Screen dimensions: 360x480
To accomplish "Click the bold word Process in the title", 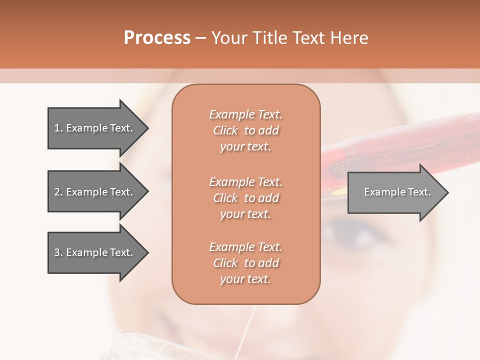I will [x=157, y=38].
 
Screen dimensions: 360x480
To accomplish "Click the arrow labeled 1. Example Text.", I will [x=95, y=128].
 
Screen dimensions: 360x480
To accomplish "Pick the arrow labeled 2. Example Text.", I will [x=95, y=192].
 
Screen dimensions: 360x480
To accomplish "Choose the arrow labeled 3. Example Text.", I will [x=95, y=252].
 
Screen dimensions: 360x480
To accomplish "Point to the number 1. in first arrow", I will [x=58, y=128].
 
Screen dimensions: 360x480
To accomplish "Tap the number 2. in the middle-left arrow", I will [x=58, y=192].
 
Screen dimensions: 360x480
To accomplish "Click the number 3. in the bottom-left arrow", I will [x=58, y=252].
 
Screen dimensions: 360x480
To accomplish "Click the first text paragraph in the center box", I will [x=245, y=130].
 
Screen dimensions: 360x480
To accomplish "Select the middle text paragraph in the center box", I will [x=245, y=197].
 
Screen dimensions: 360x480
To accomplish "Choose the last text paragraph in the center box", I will [x=245, y=263].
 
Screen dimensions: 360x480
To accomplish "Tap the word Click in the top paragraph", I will [x=225, y=130].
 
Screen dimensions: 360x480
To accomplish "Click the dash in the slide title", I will [x=201, y=38].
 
